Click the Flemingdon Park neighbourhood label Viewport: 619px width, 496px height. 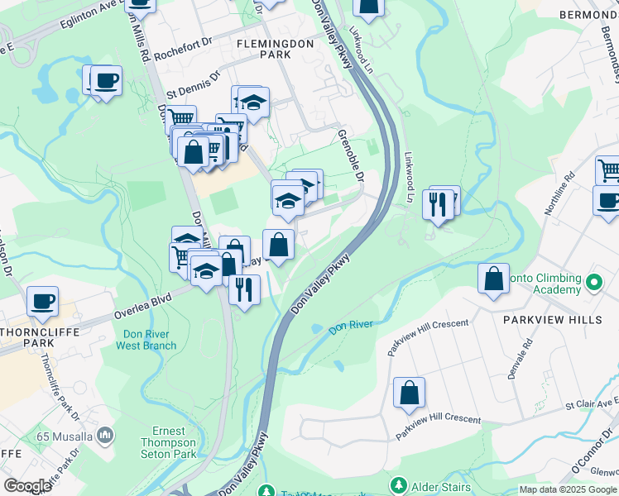click(264, 47)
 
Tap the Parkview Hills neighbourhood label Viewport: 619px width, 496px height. click(539, 318)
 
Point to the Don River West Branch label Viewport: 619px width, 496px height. click(149, 340)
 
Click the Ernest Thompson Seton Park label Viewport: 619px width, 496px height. click(174, 442)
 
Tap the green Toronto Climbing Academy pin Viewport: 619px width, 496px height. click(593, 284)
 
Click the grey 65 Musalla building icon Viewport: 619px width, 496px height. click(105, 434)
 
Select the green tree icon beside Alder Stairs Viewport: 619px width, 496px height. click(398, 484)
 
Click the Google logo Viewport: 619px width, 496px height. click(27, 486)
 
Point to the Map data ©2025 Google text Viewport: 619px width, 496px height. click(567, 489)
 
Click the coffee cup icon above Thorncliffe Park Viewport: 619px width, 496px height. click(41, 301)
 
